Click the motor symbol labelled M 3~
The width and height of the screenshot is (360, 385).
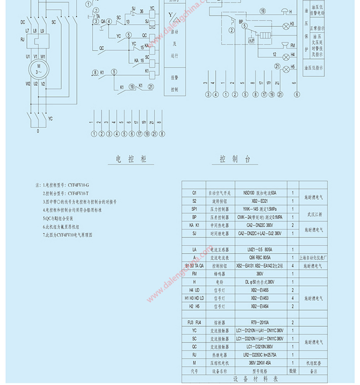[x=37, y=68]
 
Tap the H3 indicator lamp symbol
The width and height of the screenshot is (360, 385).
[x=285, y=25]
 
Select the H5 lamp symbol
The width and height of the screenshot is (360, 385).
[x=285, y=68]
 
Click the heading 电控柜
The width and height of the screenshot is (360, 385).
[x=131, y=159]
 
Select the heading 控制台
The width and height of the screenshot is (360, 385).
[x=234, y=159]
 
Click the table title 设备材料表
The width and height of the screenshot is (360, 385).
[x=255, y=378]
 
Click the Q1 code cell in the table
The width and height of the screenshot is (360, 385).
[x=194, y=193]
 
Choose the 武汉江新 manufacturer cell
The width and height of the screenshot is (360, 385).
[x=313, y=213]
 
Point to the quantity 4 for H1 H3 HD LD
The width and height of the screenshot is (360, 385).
[x=293, y=298]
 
